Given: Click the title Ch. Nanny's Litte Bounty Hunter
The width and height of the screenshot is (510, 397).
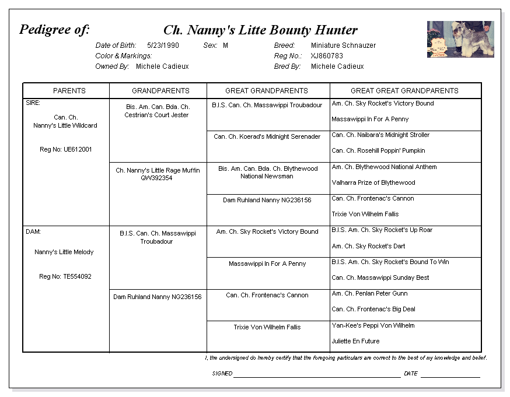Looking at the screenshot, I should click(x=260, y=30).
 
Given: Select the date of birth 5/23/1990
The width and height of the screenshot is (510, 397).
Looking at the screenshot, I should click(x=163, y=45).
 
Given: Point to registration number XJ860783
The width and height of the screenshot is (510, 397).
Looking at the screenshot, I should click(x=327, y=56).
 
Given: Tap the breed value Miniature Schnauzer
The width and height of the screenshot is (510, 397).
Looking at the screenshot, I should click(x=343, y=45).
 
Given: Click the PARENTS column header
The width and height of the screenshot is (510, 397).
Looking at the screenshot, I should click(x=69, y=90).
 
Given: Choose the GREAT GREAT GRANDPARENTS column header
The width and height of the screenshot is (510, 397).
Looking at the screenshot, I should click(x=404, y=90).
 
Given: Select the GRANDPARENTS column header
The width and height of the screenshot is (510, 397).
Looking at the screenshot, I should click(x=160, y=90).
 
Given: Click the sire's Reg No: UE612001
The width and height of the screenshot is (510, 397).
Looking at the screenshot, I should click(x=65, y=150).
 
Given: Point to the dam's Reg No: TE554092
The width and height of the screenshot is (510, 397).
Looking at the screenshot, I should click(x=65, y=276).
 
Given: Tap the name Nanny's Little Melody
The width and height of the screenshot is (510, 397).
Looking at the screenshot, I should click(x=64, y=252).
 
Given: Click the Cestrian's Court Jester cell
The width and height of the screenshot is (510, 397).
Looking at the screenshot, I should click(x=157, y=111).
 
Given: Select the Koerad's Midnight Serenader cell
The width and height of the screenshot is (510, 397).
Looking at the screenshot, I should click(x=267, y=137).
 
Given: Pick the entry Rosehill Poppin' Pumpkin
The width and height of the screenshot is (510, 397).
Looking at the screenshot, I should click(x=378, y=150).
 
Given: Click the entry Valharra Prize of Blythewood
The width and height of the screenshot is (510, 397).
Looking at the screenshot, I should click(x=373, y=182).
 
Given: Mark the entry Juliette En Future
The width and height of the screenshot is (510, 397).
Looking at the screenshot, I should click(x=355, y=341).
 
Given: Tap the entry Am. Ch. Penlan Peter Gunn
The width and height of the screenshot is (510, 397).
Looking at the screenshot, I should click(x=369, y=293).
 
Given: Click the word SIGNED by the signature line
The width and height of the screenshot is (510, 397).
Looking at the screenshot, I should click(x=222, y=374).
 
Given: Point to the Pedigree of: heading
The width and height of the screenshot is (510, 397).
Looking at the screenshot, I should click(x=54, y=30).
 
